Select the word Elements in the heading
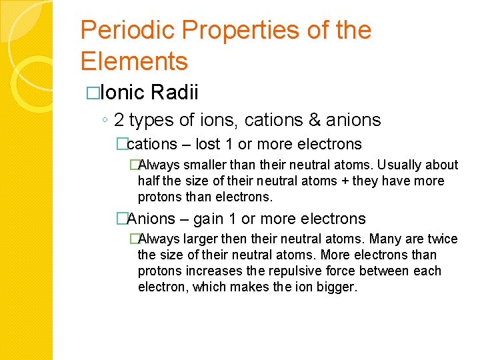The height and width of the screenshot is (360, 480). pos(134,61)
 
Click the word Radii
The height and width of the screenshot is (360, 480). pos(177,93)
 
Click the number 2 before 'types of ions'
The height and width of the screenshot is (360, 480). pos(119,120)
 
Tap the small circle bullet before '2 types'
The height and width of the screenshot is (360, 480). pos(105,121)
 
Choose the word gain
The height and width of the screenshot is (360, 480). pos(208,219)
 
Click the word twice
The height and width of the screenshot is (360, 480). pos(443,239)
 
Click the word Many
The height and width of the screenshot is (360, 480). pos(385,239)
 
